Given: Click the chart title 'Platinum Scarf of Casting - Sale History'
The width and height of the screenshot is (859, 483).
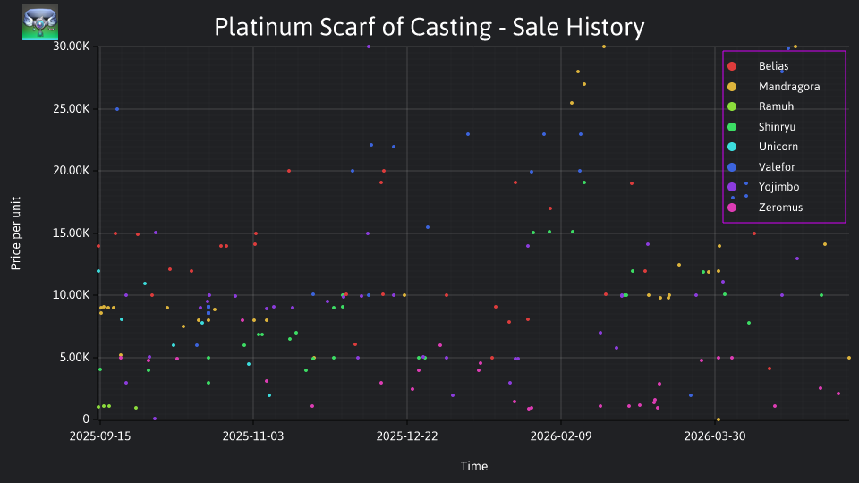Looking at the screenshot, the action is coord(429,27).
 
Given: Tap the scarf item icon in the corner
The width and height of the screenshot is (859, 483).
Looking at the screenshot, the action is coord(40,22).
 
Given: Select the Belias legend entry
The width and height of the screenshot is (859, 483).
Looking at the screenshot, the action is coord(758,66).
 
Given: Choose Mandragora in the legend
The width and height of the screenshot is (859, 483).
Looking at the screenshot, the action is coord(773,87).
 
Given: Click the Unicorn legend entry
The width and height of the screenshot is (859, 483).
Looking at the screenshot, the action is coord(762,147).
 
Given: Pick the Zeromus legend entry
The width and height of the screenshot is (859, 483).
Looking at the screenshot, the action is coord(764,208).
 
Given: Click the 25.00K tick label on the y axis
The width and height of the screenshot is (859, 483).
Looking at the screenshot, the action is coord(72,109).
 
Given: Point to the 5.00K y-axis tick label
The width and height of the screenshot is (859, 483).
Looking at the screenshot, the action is coord(74,358).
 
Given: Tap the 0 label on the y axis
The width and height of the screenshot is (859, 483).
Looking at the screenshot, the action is coord(86,419).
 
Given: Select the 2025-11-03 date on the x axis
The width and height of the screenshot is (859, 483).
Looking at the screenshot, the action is coord(253,436).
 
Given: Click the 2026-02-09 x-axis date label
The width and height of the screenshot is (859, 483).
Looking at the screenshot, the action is coord(561,436).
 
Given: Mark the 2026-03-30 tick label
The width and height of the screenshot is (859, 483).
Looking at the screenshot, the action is coord(715,436).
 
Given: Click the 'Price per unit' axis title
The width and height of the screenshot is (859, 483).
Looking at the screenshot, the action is coord(16,233).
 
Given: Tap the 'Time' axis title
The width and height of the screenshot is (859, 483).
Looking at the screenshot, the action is coord(474,467).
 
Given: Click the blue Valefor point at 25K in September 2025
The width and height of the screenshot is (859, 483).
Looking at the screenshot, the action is coord(117,109).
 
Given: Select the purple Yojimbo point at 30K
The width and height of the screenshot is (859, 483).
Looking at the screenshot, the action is coord(369,47).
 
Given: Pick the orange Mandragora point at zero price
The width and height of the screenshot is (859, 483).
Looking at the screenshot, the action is coord(719,420).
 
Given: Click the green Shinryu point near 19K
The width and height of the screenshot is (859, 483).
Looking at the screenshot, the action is coord(584,182).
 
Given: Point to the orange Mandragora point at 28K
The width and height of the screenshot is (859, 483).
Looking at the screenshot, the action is coord(578,72).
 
